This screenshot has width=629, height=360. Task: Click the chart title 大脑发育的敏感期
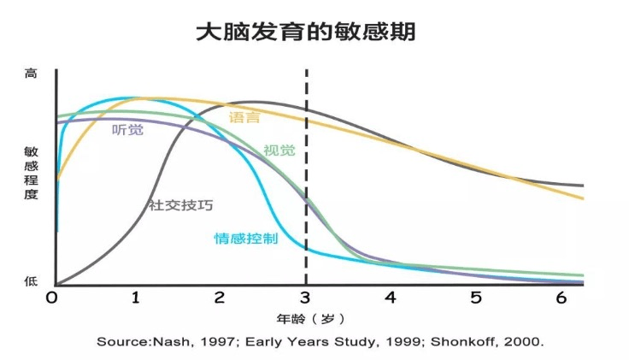pos(306,32)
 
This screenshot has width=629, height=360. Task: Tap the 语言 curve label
pos(244,117)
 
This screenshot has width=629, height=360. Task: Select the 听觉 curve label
pos(127,130)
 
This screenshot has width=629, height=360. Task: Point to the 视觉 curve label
pos(279,150)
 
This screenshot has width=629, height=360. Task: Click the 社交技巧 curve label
pos(180,205)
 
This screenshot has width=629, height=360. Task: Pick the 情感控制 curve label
pos(246,239)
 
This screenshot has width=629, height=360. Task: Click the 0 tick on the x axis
pos(52,298)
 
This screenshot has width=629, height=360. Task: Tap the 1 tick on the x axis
pos(136,298)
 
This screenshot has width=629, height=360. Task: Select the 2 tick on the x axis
pos(219,298)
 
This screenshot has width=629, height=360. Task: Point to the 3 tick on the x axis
pos(305,298)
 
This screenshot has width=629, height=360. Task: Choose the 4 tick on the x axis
pos(391,298)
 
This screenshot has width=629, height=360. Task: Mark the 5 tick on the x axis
pos(476,298)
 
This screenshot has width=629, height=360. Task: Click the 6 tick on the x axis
pos(561,298)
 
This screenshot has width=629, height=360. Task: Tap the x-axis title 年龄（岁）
pos(310,320)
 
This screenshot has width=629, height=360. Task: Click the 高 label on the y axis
pos(31,74)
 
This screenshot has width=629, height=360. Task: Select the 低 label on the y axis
pos(31,281)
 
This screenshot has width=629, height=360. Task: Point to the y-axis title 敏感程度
pos(32,173)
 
